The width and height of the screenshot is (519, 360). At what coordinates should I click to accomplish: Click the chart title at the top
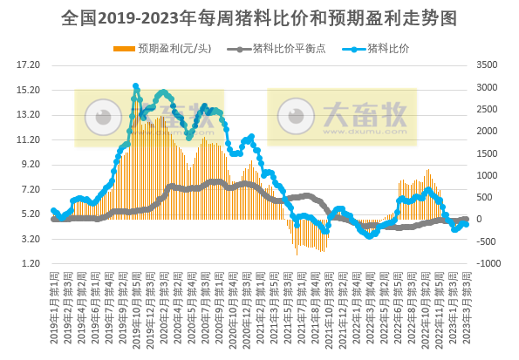(259, 16)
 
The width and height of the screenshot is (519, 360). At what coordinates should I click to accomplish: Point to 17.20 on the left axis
(30, 65)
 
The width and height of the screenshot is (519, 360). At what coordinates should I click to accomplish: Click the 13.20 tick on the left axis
(30, 114)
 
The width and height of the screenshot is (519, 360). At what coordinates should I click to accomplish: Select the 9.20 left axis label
(30, 164)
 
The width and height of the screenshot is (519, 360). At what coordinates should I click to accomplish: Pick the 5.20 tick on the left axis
(30, 214)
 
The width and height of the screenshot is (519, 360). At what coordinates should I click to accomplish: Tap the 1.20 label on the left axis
(30, 263)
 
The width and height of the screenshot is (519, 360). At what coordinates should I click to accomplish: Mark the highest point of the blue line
(135, 86)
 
